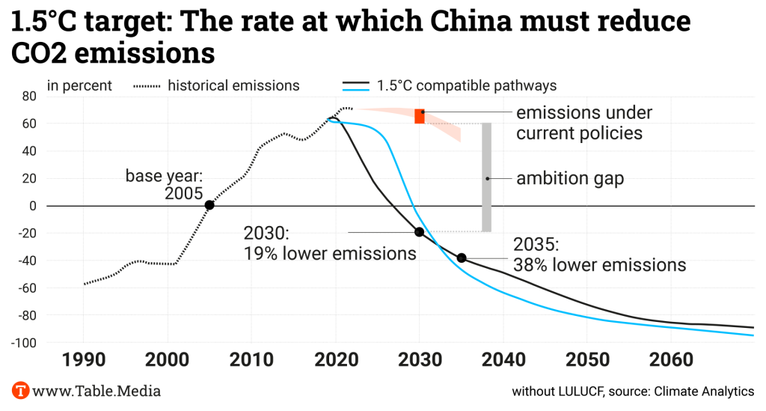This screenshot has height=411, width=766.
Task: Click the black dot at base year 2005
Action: click(209, 205)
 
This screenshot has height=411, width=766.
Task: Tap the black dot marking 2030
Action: click(419, 232)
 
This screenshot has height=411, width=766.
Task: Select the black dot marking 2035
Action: click(462, 258)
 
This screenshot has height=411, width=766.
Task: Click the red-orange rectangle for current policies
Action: click(420, 116)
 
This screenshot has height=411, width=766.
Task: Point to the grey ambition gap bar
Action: click(486, 177)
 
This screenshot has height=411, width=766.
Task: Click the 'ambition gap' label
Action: click(570, 179)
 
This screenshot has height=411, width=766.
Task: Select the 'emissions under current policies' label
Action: click(584, 123)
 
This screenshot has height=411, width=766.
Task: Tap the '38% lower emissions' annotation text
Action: click(599, 264)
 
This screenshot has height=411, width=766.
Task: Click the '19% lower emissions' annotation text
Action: click(329, 253)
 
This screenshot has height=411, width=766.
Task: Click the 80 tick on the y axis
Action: click(29, 96)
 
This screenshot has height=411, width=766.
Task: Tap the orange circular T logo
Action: click(21, 390)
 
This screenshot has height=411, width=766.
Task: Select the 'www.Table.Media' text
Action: click(97, 391)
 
